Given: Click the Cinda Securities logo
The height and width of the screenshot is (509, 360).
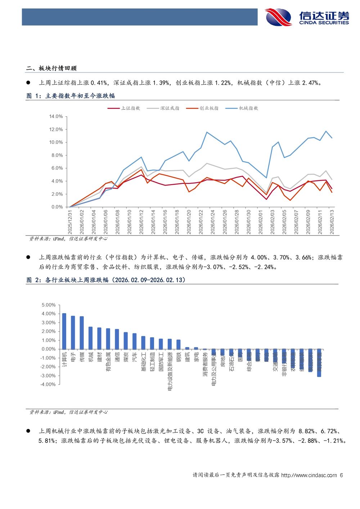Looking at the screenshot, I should pos(307,17).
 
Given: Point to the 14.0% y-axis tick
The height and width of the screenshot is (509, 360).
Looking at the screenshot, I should pos(56,117).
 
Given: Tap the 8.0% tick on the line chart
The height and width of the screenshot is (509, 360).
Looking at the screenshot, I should pos(57,156).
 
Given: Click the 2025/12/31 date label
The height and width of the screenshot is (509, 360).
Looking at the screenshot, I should pos(70,222).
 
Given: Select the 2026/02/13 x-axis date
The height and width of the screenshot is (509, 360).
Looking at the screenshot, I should pos(332,222).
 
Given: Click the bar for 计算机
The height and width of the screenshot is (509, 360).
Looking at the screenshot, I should pos(64,331).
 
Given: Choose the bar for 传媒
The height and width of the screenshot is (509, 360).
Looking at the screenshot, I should pos(82,333).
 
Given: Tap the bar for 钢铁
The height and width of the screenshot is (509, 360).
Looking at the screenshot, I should pos(178,344).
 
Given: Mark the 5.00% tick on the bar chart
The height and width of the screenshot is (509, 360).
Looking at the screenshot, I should pos(49,305).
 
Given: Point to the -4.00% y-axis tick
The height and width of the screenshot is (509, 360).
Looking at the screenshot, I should pos(48,384).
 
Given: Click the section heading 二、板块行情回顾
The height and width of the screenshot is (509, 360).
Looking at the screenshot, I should pos(51,68).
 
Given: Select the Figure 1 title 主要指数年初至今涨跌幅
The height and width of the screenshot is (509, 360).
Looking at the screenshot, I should pos(80,96).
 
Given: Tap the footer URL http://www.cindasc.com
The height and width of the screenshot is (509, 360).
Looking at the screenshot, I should pos(309,475).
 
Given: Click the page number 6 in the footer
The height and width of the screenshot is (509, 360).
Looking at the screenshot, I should pos(341,475).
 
